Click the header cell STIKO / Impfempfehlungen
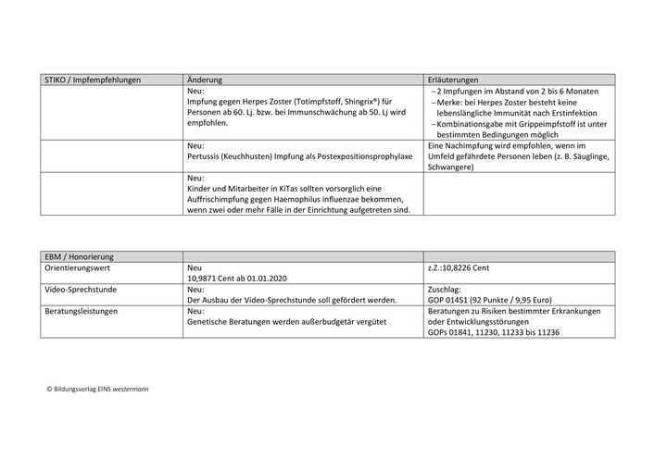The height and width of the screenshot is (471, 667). coord(93,81)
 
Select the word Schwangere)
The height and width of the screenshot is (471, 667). coord(450,167)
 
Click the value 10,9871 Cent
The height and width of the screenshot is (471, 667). coord(220,278)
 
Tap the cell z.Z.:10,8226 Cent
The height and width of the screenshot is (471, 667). coord(459,267)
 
